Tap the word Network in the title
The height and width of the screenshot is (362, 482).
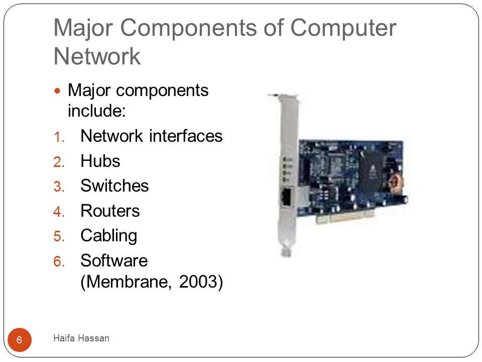click(x=97, y=56)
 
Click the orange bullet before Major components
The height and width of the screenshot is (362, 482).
click(x=57, y=91)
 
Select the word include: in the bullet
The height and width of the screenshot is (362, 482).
click(x=97, y=111)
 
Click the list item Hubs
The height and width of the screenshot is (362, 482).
click(x=100, y=161)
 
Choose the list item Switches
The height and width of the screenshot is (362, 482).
click(x=114, y=186)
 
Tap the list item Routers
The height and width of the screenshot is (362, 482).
click(x=110, y=211)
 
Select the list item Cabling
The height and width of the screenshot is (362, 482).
click(x=109, y=236)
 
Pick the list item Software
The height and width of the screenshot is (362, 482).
click(x=114, y=261)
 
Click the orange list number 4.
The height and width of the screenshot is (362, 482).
click(x=59, y=212)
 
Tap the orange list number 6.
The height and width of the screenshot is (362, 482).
click(x=59, y=261)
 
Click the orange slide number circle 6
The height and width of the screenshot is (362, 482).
click(x=20, y=340)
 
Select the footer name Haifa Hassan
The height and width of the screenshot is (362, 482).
click(x=81, y=338)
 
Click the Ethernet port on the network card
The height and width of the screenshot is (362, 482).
click(x=287, y=197)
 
